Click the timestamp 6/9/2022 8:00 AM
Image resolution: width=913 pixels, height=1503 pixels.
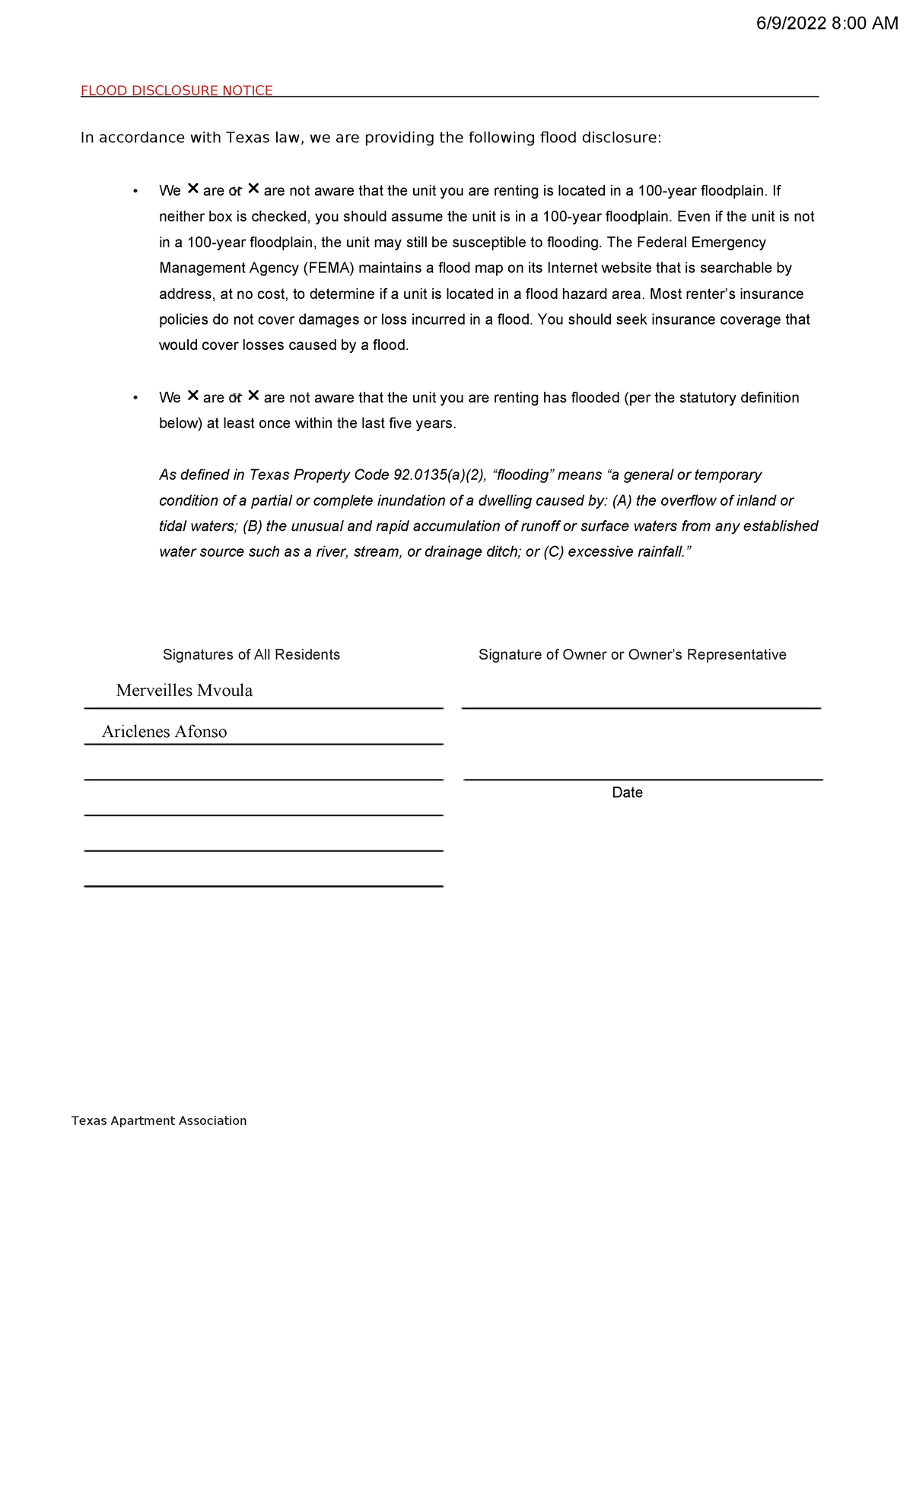coord(826,24)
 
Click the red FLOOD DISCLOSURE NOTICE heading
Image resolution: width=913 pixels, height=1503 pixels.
coord(177,91)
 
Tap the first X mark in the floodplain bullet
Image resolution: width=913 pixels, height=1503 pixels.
coord(192,189)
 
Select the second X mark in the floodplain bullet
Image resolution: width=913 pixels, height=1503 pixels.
coord(253,189)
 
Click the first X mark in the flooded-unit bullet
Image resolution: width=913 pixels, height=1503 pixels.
coord(192,396)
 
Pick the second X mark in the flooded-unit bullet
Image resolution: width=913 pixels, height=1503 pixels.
coord(253,396)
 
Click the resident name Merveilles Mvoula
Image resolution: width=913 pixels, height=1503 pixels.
coord(184,691)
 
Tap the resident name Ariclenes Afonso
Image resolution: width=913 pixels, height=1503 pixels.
coord(164,732)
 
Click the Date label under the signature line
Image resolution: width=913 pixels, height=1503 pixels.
coord(627,793)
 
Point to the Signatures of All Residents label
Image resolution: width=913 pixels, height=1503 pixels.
coord(251,655)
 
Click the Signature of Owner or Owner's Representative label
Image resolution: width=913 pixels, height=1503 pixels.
coord(632,655)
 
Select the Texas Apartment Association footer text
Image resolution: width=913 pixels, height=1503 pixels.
coord(159,1120)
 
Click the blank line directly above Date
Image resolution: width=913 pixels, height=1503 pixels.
coord(643,778)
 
